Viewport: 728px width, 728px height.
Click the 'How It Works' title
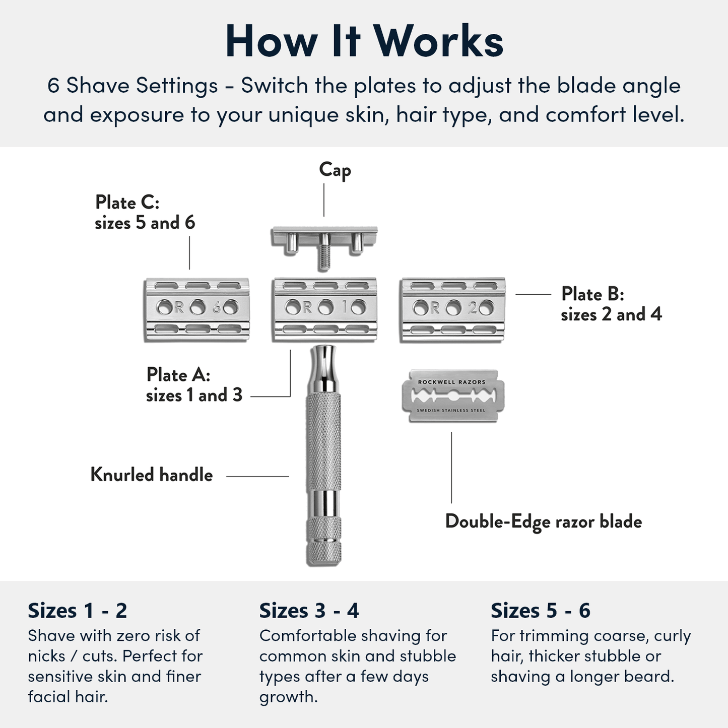coord(364,41)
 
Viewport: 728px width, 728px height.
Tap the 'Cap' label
coord(335,170)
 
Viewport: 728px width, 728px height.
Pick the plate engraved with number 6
coord(196,309)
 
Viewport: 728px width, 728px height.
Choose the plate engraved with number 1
coord(324,309)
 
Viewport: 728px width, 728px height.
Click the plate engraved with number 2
coord(452,309)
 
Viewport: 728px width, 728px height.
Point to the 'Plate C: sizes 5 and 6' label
coord(145,212)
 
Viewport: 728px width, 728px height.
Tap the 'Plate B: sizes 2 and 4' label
coord(611,304)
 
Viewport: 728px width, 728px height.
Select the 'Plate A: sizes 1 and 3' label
coord(194,384)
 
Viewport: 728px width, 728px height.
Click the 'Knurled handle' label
coord(151,475)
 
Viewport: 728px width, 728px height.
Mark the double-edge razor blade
coord(452,396)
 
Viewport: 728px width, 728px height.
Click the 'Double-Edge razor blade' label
coord(543,521)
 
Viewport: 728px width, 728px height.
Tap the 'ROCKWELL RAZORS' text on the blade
coord(452,382)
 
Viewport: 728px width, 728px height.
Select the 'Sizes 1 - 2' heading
coord(77,611)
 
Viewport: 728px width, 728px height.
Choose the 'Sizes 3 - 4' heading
coord(309,611)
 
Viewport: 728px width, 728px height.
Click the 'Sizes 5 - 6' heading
coord(540,611)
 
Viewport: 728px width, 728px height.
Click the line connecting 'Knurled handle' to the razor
coord(257,476)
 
